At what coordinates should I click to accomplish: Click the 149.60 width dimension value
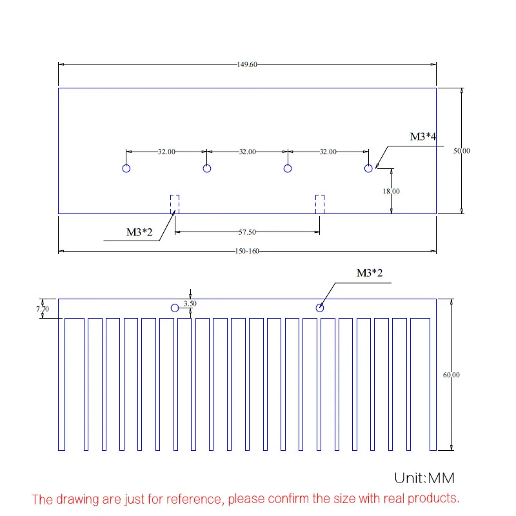point(247,64)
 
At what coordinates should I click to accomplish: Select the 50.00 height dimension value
point(462,151)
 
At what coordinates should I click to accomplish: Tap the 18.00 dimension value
point(391,191)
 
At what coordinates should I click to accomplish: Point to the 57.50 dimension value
point(247,232)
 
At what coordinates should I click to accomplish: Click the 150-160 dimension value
point(247,252)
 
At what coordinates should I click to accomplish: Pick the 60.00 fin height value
point(451,375)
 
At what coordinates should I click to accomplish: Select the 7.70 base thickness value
point(43,309)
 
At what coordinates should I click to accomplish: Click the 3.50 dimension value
point(190,303)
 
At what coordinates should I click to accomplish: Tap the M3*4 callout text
point(423,137)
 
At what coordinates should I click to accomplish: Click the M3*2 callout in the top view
point(139,232)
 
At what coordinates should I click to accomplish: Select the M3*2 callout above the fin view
point(370,273)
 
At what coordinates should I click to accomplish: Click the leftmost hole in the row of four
point(126,164)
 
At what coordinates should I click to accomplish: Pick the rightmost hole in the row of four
point(368,164)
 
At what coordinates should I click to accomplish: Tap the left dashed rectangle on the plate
point(170,204)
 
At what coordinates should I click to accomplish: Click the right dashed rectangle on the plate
point(315,204)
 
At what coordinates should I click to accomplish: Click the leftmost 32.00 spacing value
point(166,152)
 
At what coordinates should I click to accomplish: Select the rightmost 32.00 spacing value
point(328,152)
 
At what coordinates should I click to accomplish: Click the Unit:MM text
point(424,478)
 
